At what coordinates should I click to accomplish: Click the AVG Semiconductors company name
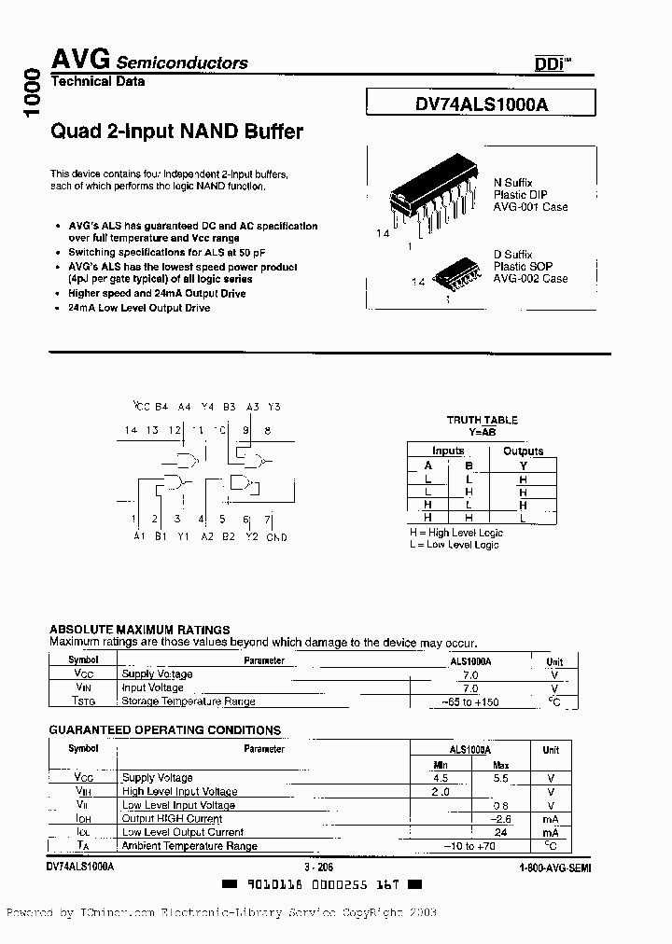pos(148,62)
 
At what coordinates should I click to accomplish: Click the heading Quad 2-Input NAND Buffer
pos(176,132)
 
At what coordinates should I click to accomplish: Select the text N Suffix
pos(512,183)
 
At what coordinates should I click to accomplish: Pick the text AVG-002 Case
pos(530,278)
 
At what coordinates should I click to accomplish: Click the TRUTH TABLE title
pos(482,420)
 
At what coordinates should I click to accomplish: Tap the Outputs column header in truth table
pos(523,451)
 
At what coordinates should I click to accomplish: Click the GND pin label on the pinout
pos(276,536)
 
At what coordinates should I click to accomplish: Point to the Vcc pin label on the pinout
pos(141,406)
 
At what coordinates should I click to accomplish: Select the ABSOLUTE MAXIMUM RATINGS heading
pos(139,630)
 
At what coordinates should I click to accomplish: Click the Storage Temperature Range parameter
pos(189,701)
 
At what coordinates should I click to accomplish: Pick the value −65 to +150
pos(470,701)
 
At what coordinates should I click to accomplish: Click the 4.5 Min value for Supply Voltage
pos(441,777)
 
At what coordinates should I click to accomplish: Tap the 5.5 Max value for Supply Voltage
pos(501,777)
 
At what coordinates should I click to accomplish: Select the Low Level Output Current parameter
pos(183,832)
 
